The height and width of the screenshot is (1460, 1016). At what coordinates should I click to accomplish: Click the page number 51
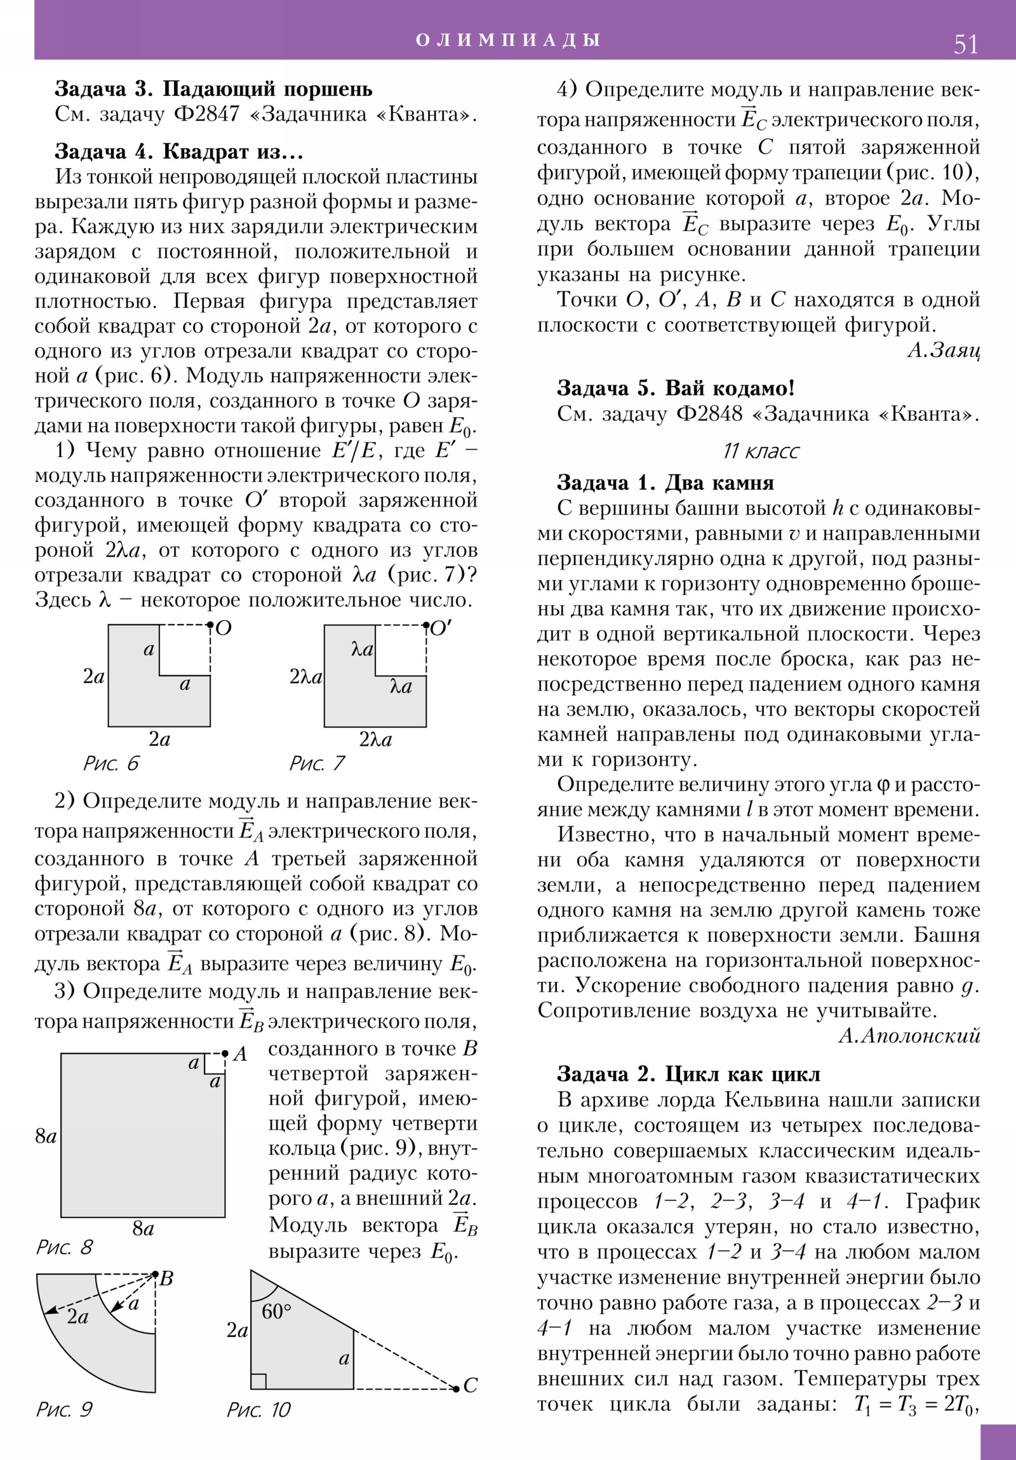(966, 44)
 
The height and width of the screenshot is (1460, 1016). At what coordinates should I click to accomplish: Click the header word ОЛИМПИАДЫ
(509, 40)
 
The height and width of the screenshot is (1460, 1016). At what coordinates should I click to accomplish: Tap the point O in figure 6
(211, 626)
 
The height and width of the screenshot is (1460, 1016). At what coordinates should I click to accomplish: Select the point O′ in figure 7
(426, 626)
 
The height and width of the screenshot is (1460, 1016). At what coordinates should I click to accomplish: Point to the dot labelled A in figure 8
(225, 1054)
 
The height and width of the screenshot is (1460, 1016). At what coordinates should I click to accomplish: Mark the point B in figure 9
(155, 1273)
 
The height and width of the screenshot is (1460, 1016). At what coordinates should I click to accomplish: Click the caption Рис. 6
(110, 764)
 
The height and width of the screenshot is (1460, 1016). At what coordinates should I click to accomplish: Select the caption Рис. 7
(317, 764)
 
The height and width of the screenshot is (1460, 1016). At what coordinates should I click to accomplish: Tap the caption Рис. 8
(64, 1247)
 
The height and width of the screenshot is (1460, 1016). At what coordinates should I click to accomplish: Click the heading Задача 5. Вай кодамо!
(675, 388)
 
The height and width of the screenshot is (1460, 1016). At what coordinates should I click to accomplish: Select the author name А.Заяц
(943, 350)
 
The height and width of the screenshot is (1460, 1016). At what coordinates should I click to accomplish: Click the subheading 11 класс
(760, 451)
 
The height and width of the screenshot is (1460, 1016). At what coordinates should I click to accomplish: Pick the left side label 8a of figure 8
(46, 1136)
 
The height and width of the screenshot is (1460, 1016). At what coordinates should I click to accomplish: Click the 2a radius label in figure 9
(77, 1317)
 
